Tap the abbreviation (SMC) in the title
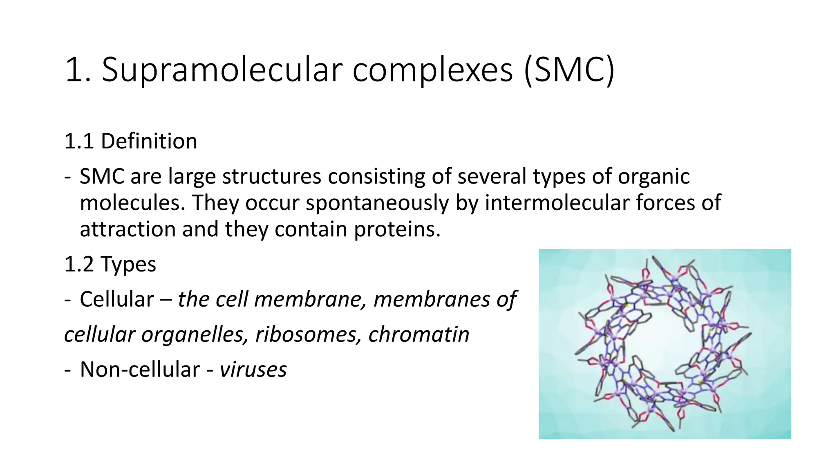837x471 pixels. (x=569, y=70)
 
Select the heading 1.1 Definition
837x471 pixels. (x=131, y=141)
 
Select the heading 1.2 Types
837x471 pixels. (x=110, y=264)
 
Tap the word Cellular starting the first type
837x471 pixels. (x=116, y=299)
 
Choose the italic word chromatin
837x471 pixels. (x=418, y=334)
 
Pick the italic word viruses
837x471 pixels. (x=253, y=370)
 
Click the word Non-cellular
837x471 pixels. (x=140, y=370)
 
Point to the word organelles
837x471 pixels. (x=195, y=334)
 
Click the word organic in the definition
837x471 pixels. (x=653, y=177)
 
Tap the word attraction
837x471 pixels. (x=128, y=229)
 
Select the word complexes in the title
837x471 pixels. (x=432, y=70)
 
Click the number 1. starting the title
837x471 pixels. (x=78, y=70)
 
